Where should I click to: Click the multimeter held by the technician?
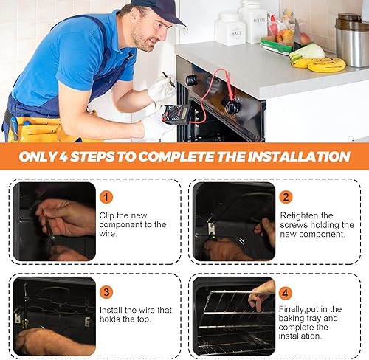[176, 114]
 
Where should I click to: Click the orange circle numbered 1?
[108, 197]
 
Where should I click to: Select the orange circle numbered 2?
[286, 197]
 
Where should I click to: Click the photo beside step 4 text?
[232, 315]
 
